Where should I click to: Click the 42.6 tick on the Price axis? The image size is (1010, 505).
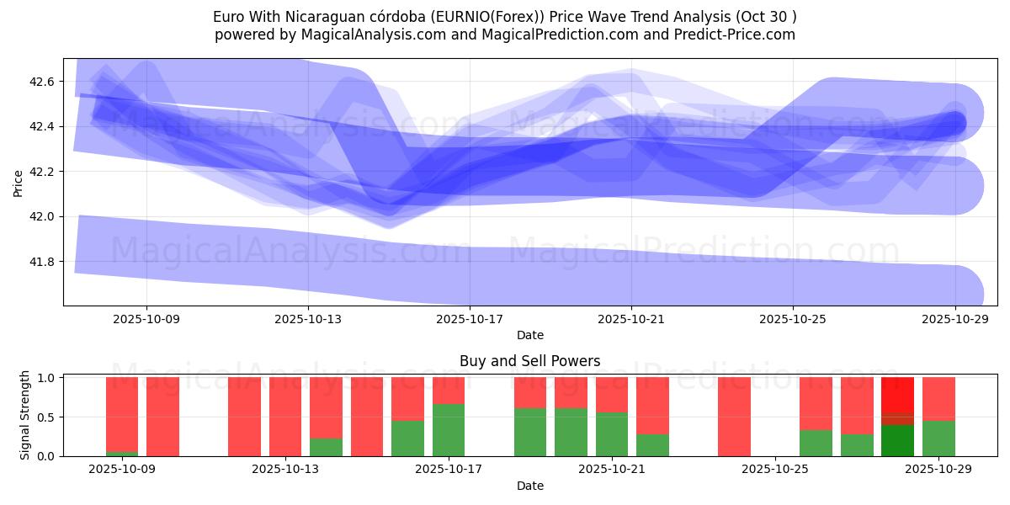[x=42, y=82]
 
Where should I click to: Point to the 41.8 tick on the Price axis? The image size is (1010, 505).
[x=42, y=262]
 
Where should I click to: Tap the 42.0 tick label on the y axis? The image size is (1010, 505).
[x=42, y=216]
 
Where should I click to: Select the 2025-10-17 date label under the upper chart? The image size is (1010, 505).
[x=469, y=319]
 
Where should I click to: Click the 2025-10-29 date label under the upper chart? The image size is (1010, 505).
[x=954, y=319]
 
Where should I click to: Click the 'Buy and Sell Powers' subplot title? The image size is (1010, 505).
[x=529, y=361]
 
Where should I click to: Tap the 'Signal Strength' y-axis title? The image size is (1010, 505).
[x=25, y=415]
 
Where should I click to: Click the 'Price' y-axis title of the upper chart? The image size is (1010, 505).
[x=19, y=182]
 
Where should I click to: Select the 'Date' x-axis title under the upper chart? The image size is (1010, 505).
[x=529, y=335]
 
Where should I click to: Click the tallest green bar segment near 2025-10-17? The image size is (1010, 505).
[x=449, y=430]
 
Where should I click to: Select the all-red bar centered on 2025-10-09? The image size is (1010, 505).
[x=162, y=417]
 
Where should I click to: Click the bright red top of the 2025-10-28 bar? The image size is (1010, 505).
[x=897, y=394]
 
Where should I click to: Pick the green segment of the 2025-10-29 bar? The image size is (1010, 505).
[x=938, y=439]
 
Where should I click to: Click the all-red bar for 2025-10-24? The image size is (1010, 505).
[x=734, y=417]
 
